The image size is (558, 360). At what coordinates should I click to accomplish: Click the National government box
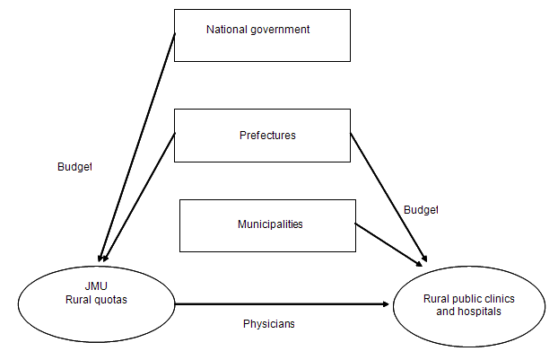click(262, 36)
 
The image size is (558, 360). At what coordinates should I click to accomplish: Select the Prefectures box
click(262, 136)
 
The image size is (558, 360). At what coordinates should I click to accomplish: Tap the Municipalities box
click(267, 224)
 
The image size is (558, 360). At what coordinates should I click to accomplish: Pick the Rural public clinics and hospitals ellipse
click(469, 305)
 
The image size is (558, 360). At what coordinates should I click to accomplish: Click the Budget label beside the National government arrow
click(74, 166)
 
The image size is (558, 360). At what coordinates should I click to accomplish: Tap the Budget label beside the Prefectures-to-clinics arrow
click(421, 209)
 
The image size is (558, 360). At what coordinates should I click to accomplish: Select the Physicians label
click(269, 323)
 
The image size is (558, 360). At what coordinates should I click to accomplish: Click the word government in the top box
click(281, 30)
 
